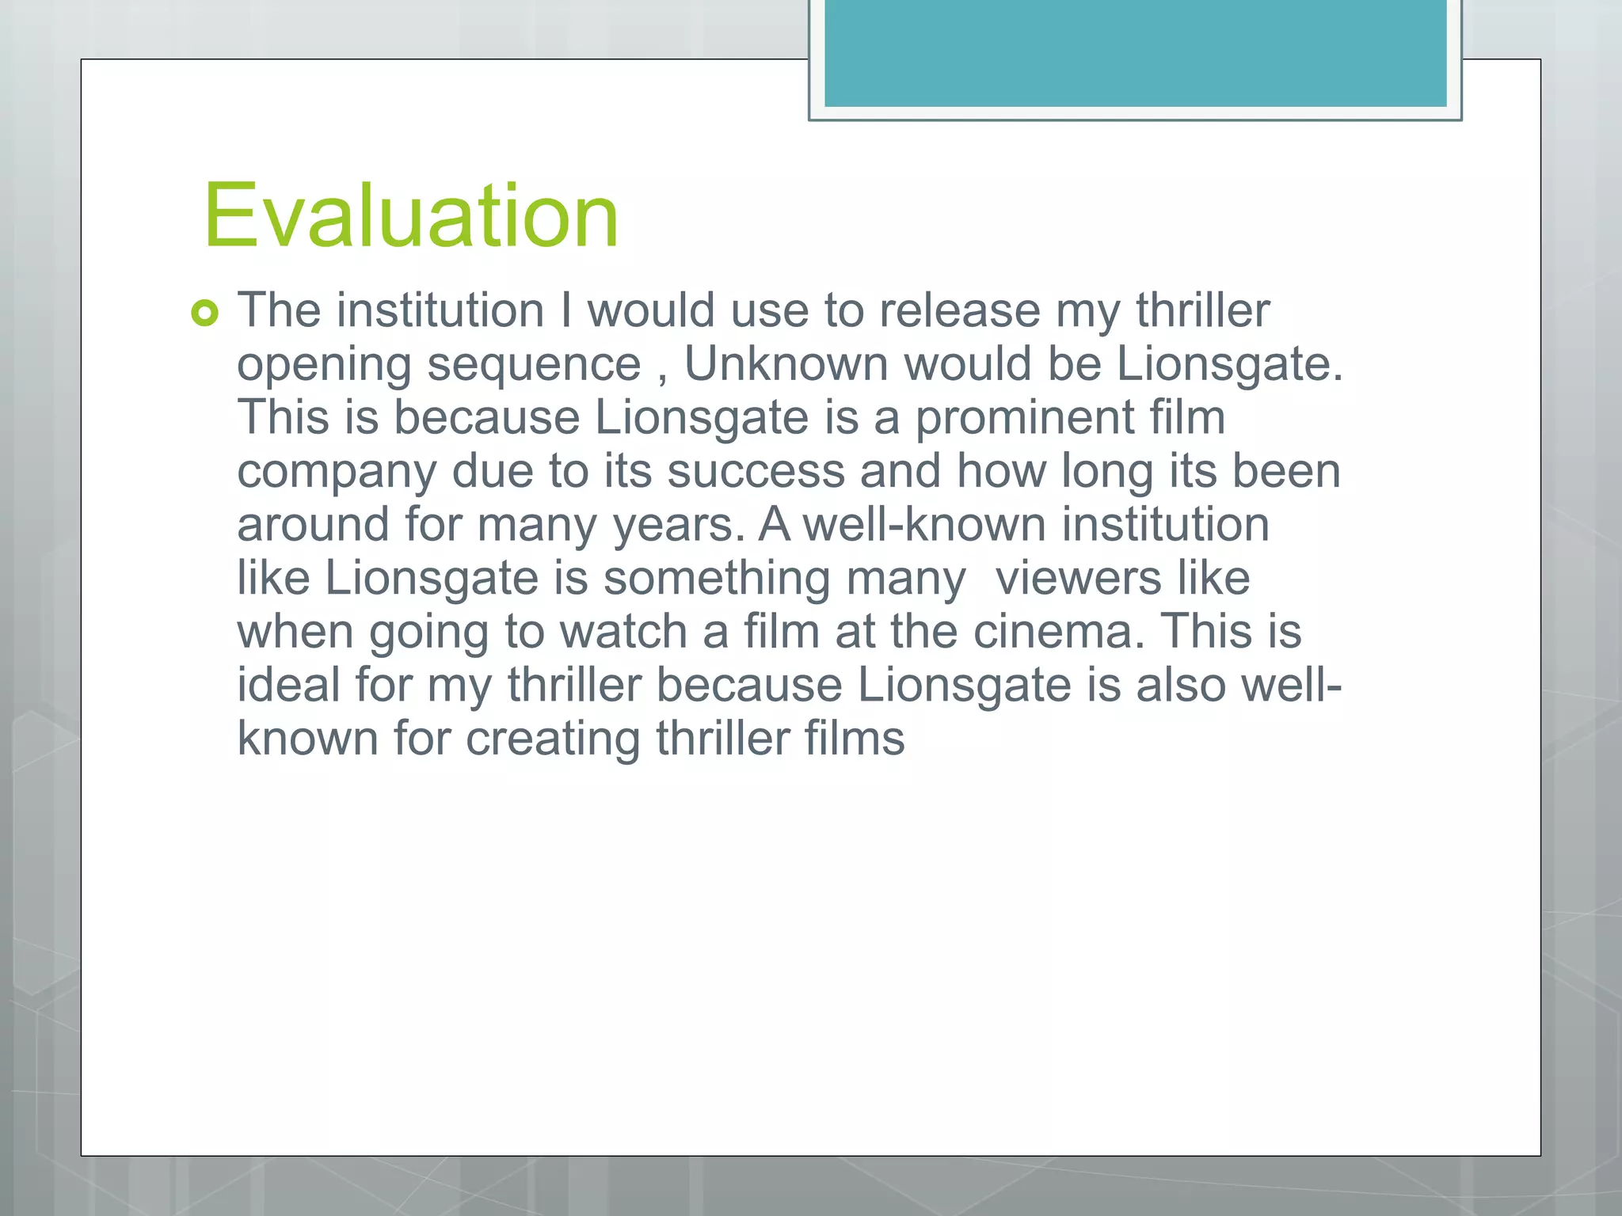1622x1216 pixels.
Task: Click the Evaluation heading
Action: [x=410, y=215]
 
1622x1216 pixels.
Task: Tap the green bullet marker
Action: [x=204, y=313]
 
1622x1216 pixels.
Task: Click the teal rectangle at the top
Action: [x=1135, y=52]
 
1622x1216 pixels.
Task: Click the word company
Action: [x=337, y=473]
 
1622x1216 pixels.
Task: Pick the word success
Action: [x=756, y=471]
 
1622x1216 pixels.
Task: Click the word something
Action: [x=717, y=579]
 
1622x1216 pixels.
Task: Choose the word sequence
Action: [x=534, y=365]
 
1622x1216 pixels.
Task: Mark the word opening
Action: [x=324, y=365]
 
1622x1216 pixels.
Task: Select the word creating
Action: [x=552, y=739]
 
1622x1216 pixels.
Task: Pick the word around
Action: [x=313, y=525]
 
